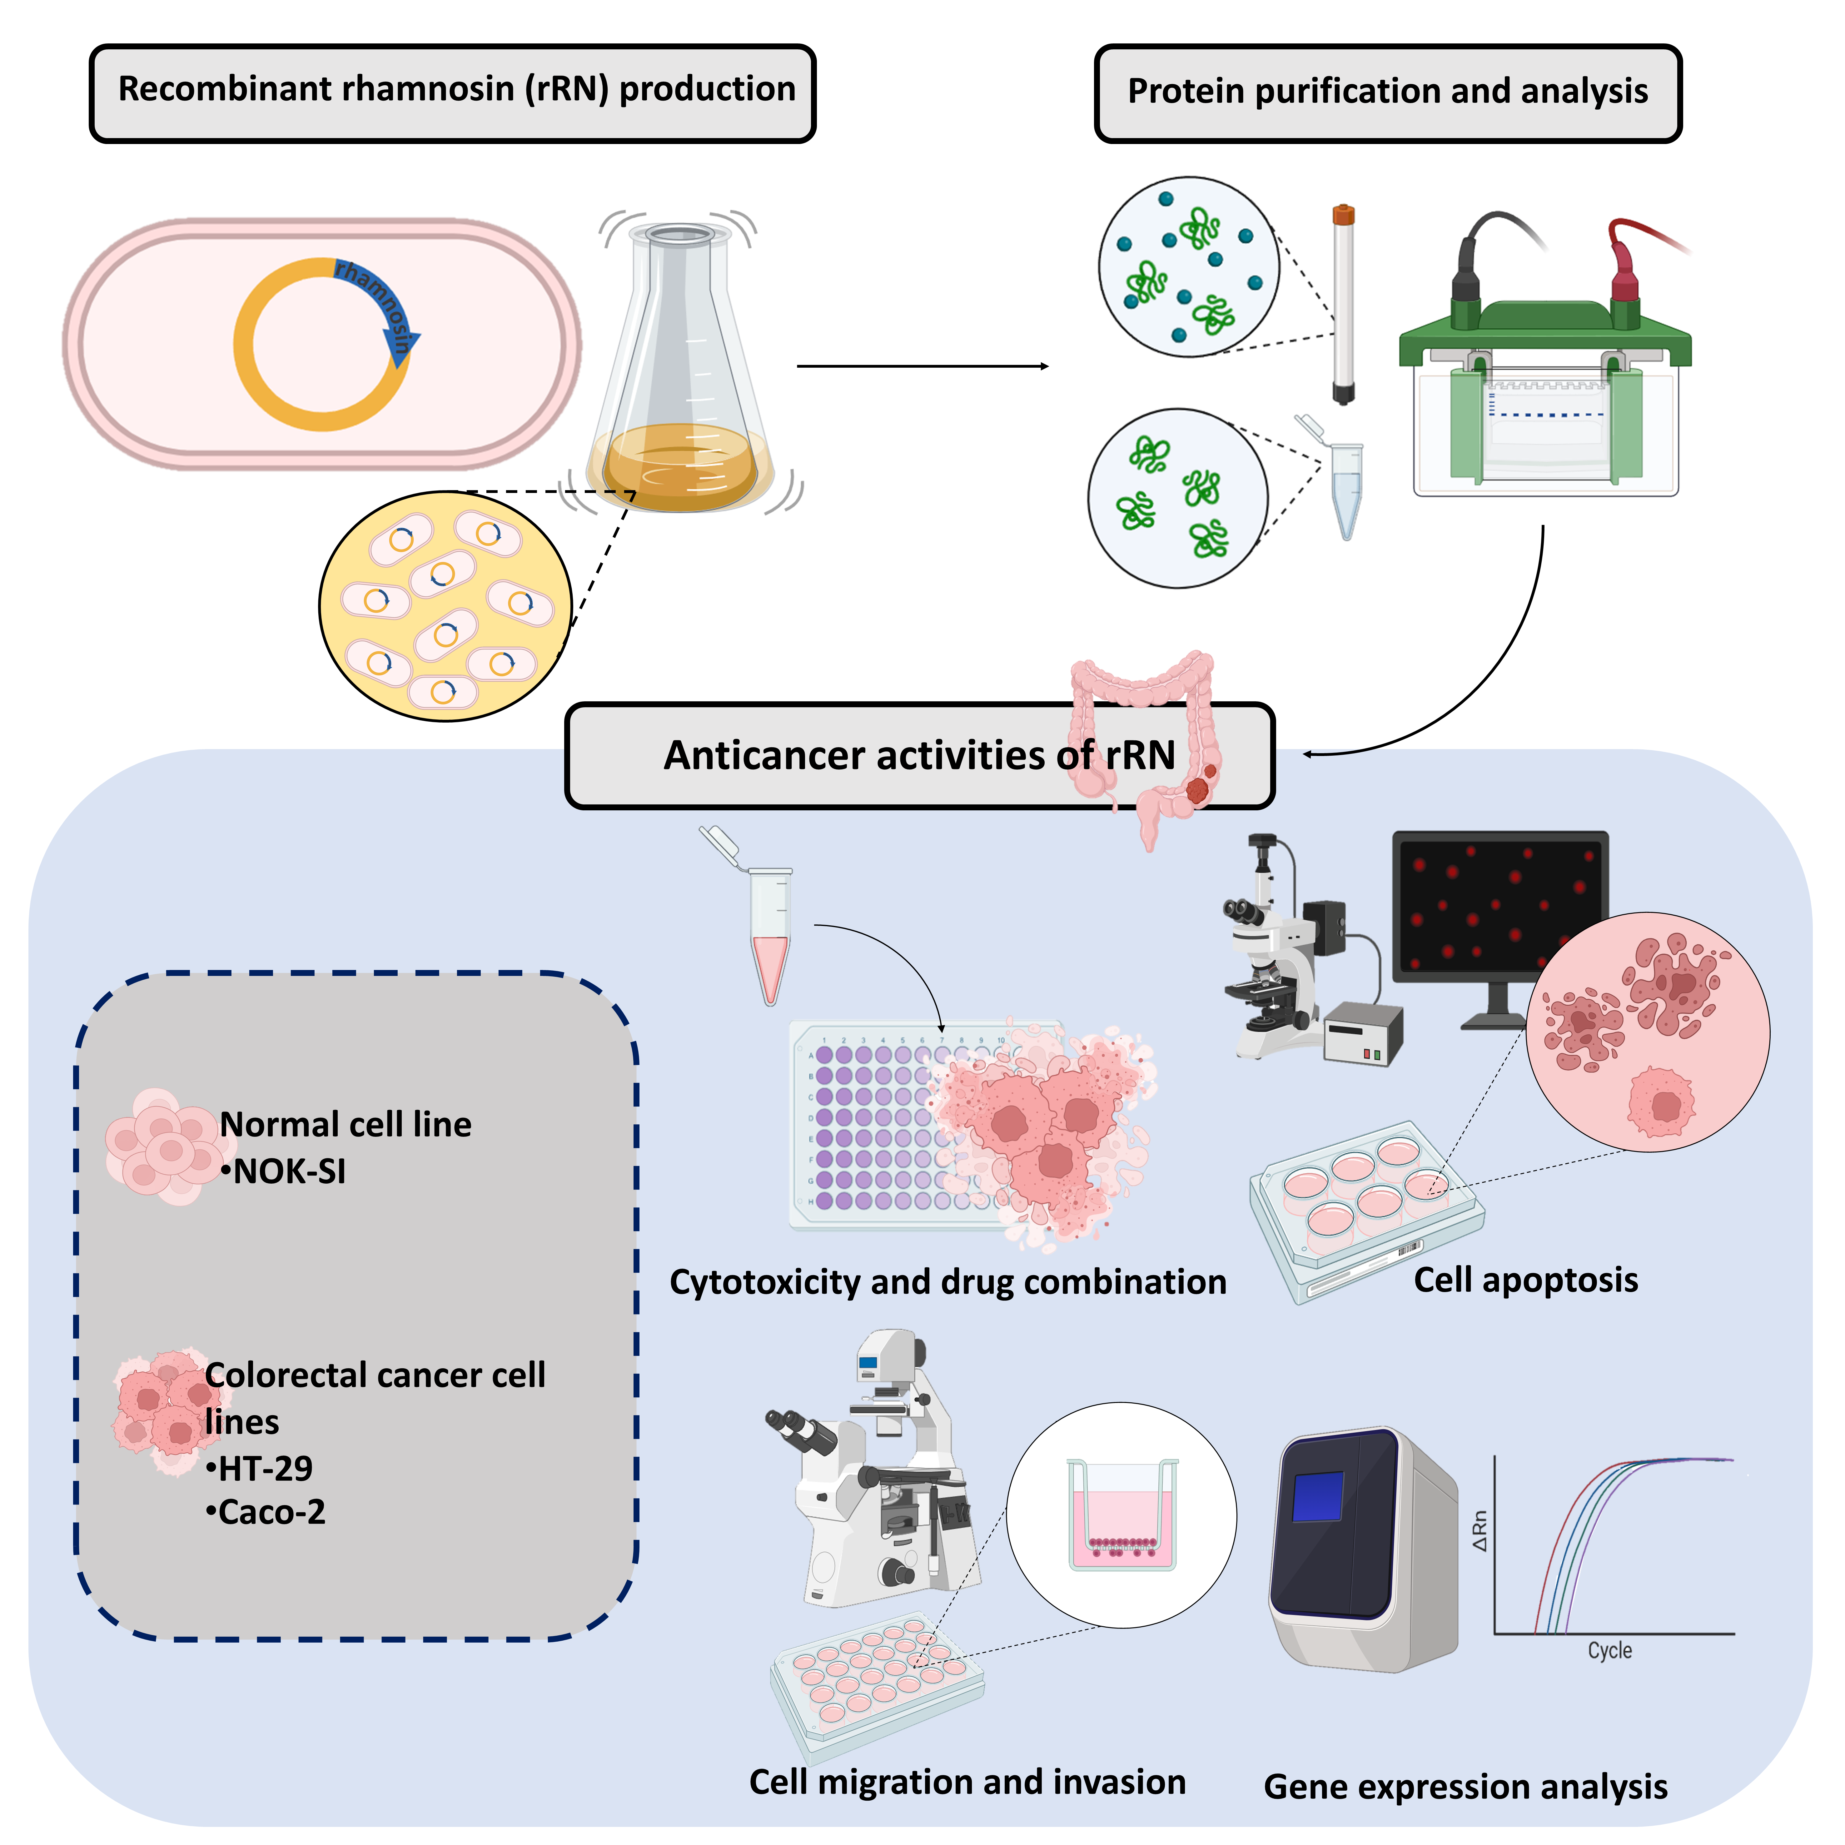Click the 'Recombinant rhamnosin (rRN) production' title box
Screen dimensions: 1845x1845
(x=453, y=93)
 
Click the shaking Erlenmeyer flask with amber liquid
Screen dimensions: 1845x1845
(x=680, y=382)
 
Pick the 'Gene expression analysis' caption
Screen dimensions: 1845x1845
(x=1465, y=1787)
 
